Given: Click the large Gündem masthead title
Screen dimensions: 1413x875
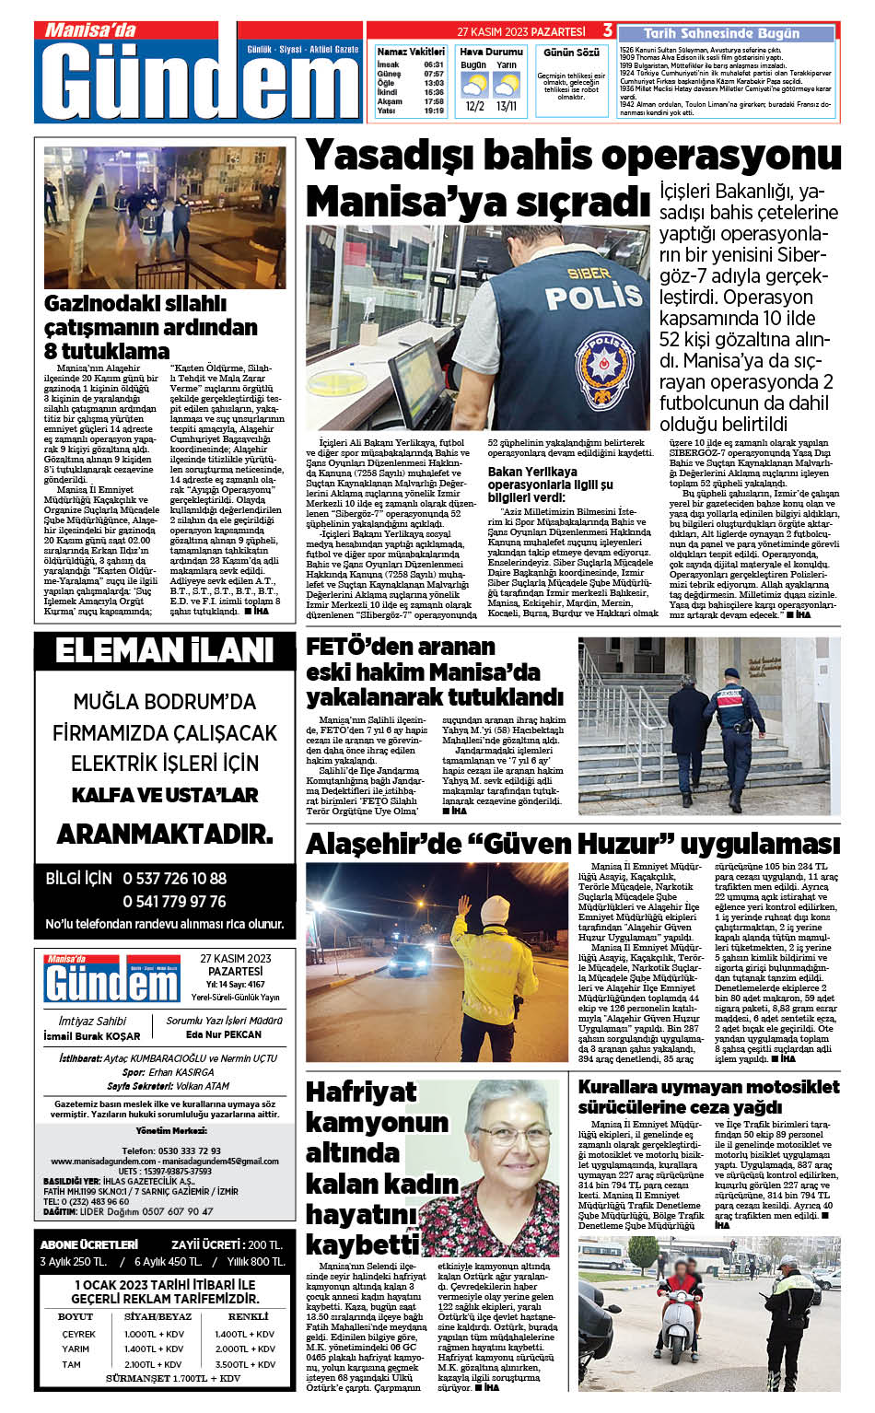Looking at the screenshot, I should pyautogui.click(x=200, y=81).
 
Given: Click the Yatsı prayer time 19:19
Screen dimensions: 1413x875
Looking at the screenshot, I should pyautogui.click(x=434, y=111).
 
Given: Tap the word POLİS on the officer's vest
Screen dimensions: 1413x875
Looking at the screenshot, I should pyautogui.click(x=580, y=295).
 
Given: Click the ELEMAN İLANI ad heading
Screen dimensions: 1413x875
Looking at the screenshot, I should pyautogui.click(x=165, y=650).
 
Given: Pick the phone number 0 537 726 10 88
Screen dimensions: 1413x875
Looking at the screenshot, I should pyautogui.click(x=174, y=878).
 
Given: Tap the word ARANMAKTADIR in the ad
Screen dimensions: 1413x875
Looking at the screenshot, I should pyautogui.click(x=165, y=835).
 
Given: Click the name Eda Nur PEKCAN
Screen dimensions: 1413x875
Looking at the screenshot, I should pyautogui.click(x=224, y=1034).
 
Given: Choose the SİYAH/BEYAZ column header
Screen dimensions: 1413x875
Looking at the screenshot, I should pyautogui.click(x=157, y=1316).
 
